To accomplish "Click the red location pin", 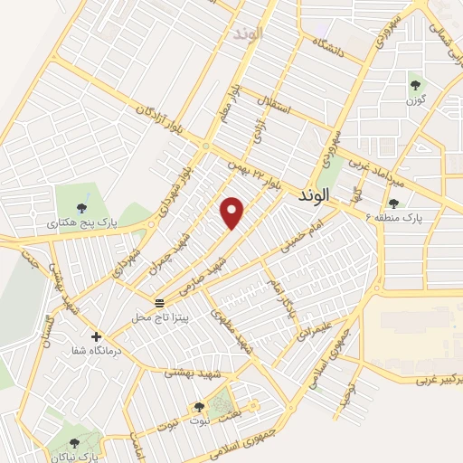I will point(233,212).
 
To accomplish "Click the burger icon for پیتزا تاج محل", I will point(159,302).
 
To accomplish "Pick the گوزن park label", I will point(415,99).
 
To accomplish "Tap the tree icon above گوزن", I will point(415,85).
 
